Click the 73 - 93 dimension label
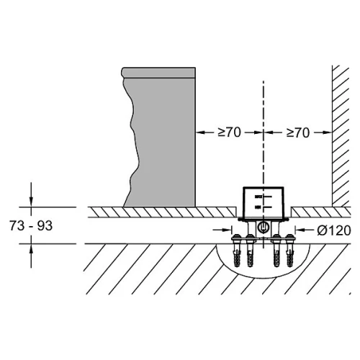click(x=31, y=225)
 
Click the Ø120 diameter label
click(x=334, y=230)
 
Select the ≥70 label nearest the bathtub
click(x=229, y=132)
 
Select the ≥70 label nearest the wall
click(x=298, y=132)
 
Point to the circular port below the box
click(x=264, y=227)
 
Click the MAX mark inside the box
click(x=258, y=197)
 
